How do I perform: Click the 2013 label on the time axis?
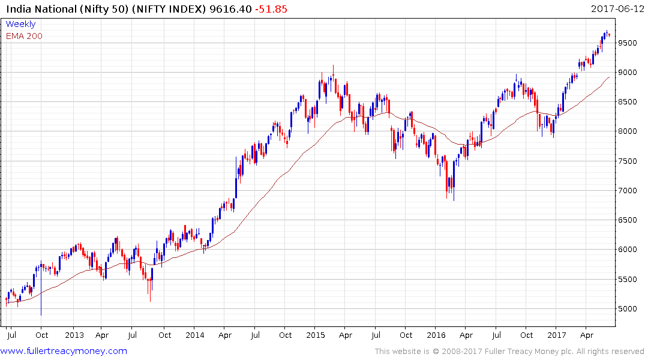(x=74, y=335)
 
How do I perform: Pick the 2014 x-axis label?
(x=195, y=335)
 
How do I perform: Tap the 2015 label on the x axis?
(x=316, y=335)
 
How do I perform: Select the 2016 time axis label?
(x=436, y=335)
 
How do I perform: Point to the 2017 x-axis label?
(x=557, y=335)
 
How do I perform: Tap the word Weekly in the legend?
(x=20, y=24)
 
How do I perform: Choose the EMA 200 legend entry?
(x=24, y=35)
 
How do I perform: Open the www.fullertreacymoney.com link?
(x=65, y=351)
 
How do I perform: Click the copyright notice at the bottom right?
(x=509, y=351)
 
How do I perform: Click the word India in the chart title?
(x=16, y=8)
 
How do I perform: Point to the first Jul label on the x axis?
(x=10, y=335)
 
